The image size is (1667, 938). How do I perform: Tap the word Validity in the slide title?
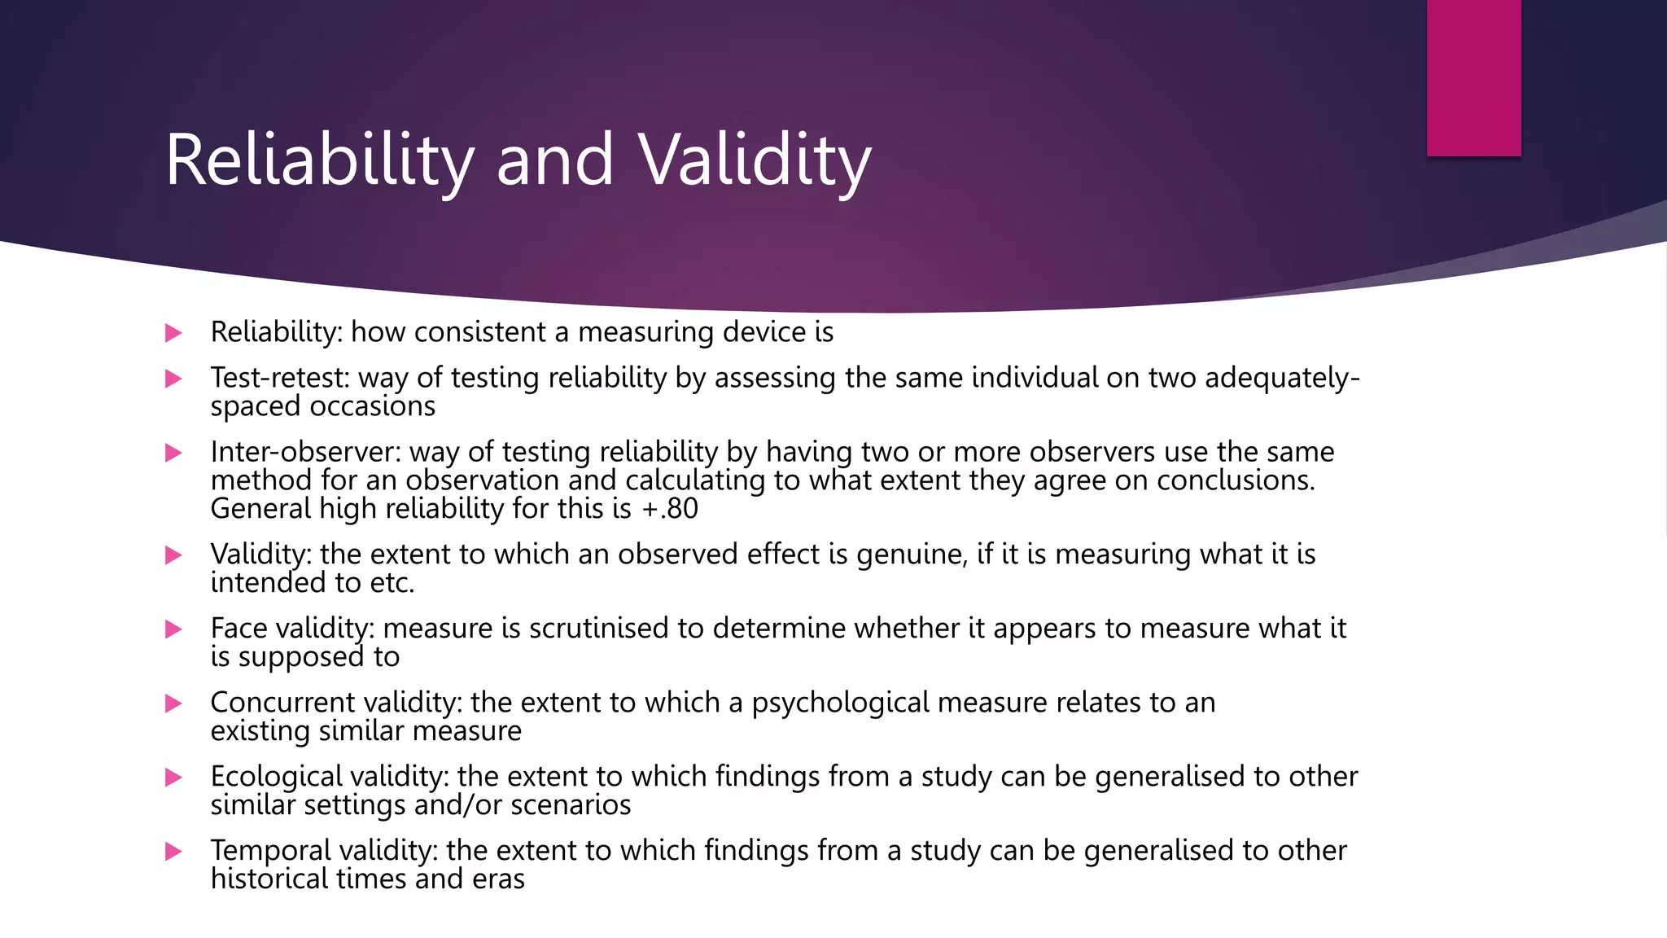(755, 160)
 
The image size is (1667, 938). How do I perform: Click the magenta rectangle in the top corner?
(1473, 77)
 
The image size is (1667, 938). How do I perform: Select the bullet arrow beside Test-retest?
(173, 379)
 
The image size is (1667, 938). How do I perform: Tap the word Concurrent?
(282, 703)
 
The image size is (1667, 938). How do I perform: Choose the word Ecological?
(277, 777)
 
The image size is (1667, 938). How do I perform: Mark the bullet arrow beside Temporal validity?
(173, 852)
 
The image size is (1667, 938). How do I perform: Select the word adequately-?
(1282, 378)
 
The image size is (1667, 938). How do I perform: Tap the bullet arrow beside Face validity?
(173, 629)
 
